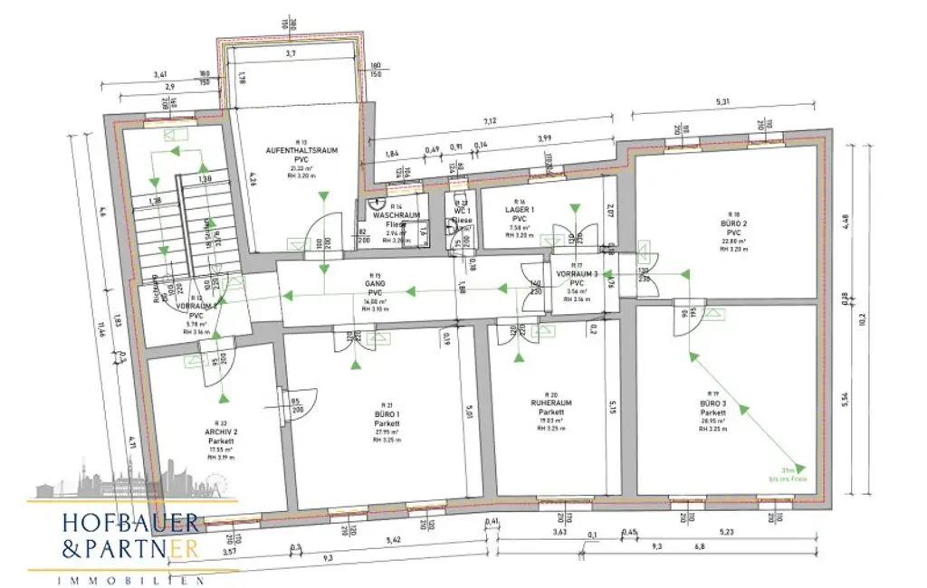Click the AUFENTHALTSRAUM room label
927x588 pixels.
[301, 149]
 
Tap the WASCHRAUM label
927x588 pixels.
[395, 215]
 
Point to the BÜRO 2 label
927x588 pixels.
[731, 223]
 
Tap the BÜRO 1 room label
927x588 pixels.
[388, 413]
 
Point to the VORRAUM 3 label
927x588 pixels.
[578, 273]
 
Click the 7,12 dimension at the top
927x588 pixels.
[490, 120]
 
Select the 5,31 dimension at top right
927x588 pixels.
[721, 102]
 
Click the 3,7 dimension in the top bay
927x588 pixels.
[291, 55]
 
